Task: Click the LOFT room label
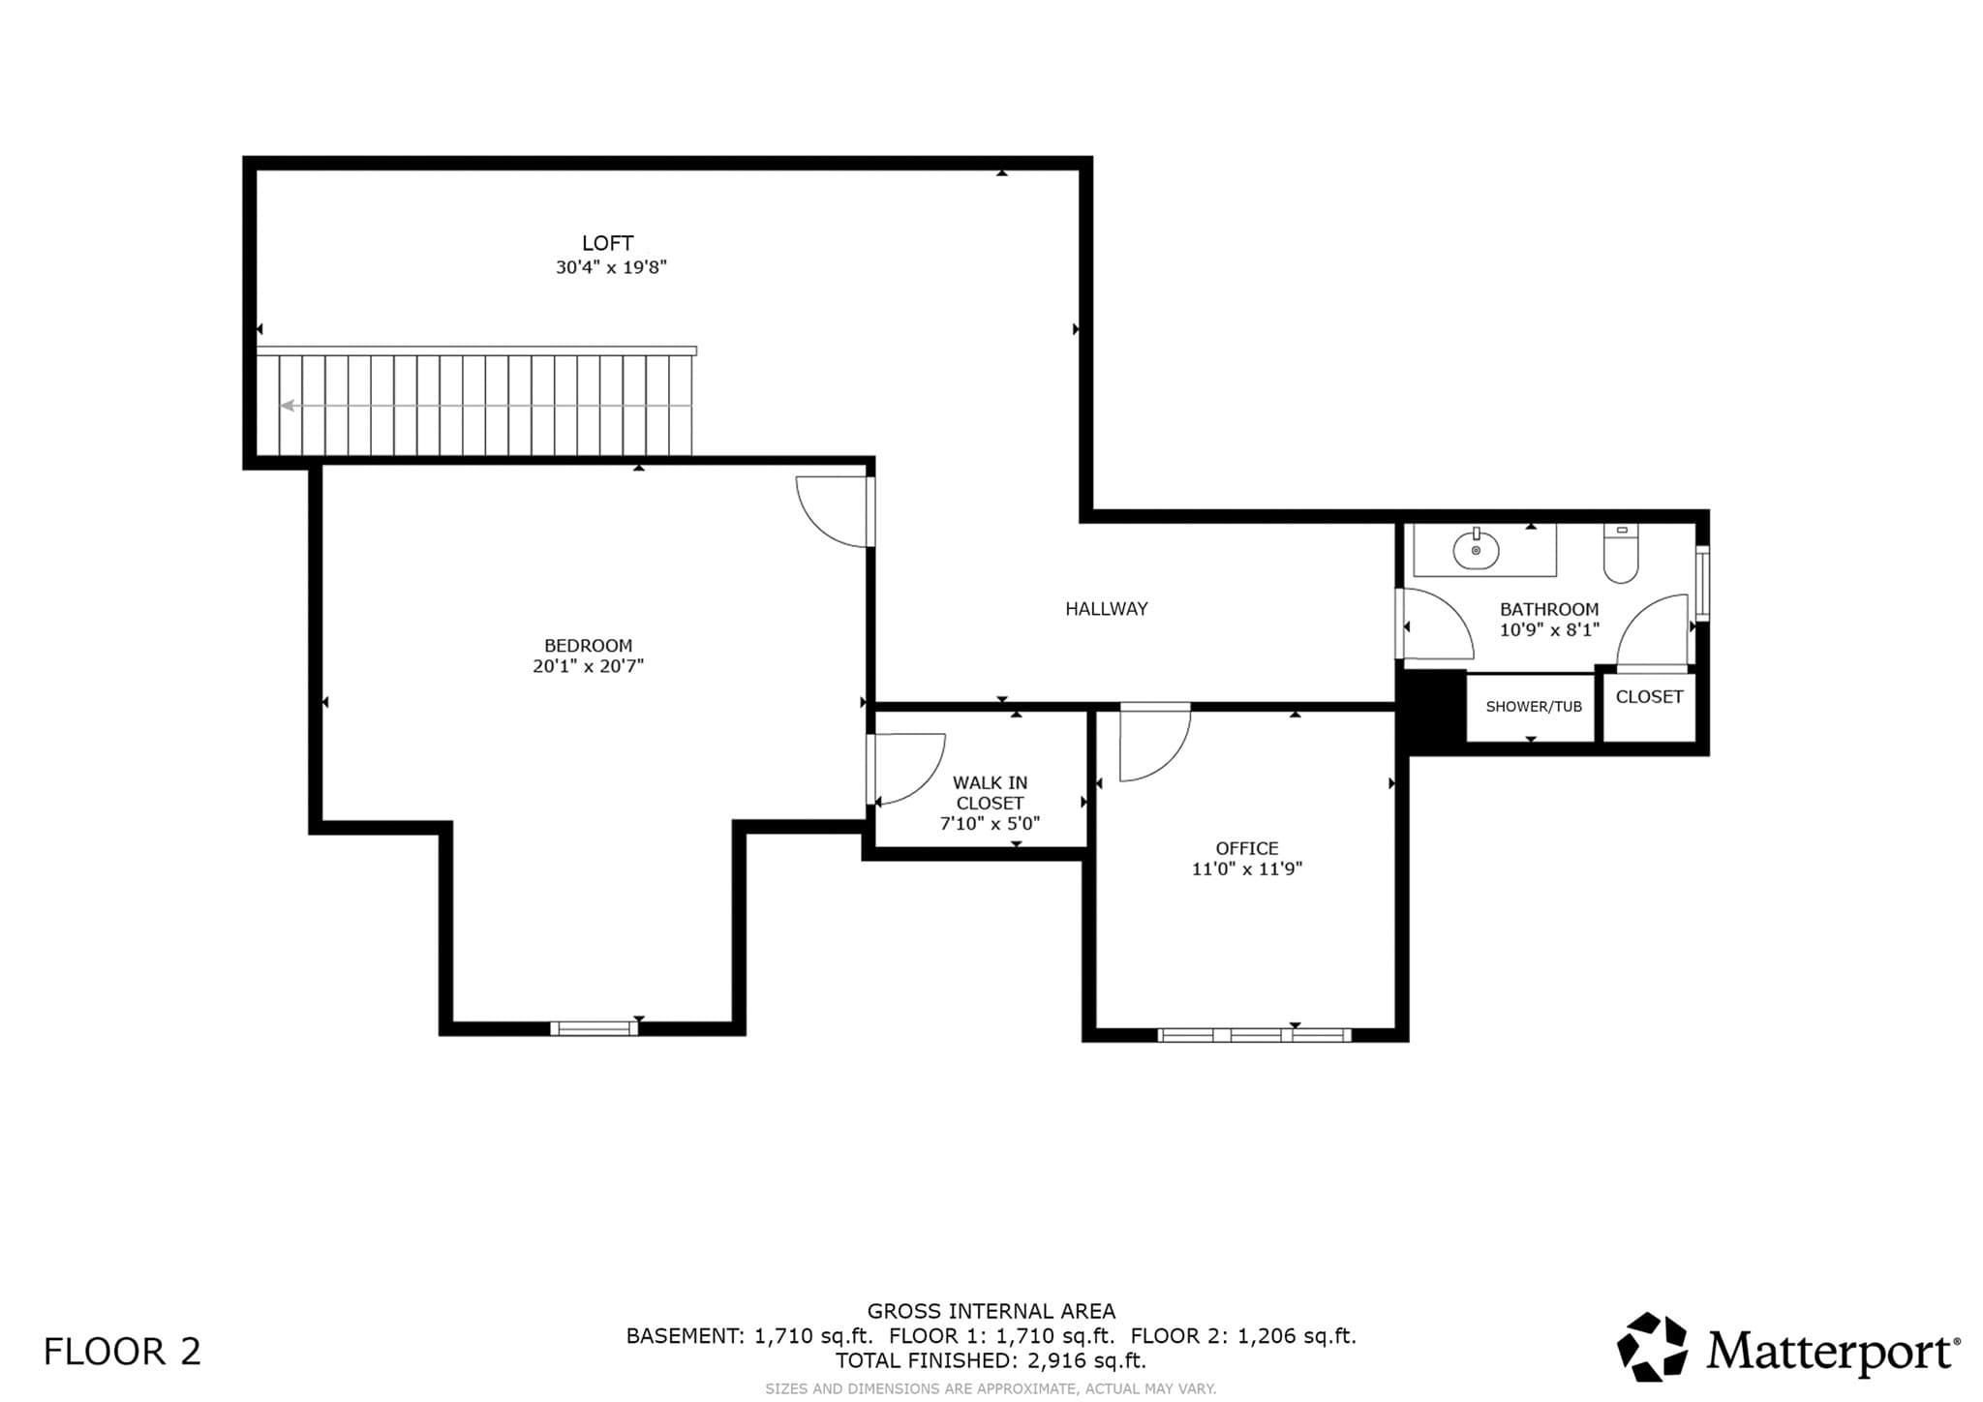tap(607, 243)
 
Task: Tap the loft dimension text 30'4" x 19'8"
tap(611, 267)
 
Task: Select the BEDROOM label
tap(588, 646)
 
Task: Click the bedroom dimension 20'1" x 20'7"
tap(588, 666)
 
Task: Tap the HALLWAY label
tap(1107, 609)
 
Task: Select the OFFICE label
tap(1247, 848)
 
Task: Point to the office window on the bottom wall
tap(1255, 1035)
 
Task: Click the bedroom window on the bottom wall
tap(595, 1028)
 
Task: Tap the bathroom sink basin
tap(1476, 551)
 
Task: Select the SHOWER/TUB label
tap(1534, 707)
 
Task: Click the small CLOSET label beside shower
tap(1649, 697)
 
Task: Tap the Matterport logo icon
tap(1653, 1347)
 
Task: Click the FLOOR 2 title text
tap(122, 1352)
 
